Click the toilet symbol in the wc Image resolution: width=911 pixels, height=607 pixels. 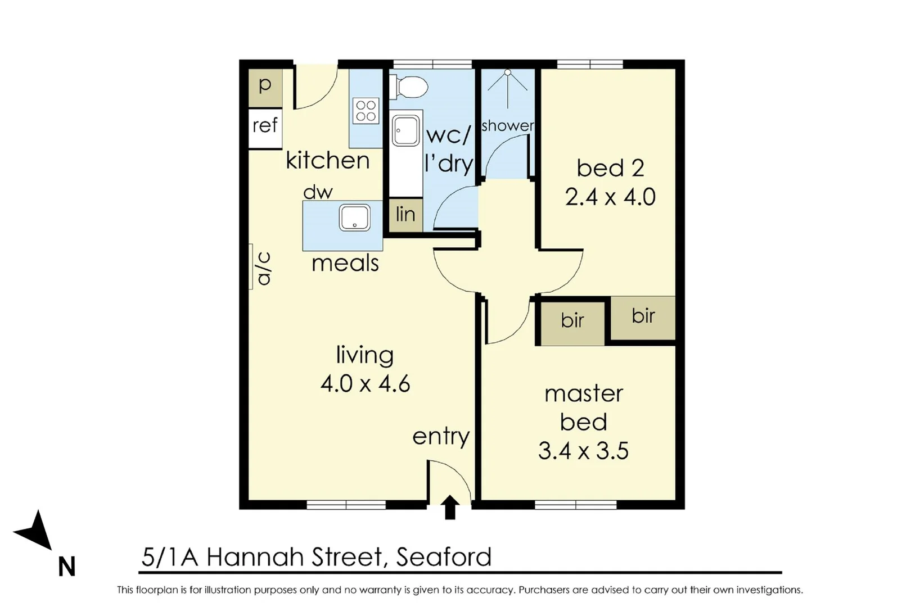pos(412,88)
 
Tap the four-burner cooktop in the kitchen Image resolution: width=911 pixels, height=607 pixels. pos(366,111)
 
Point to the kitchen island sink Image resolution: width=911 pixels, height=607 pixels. pos(354,218)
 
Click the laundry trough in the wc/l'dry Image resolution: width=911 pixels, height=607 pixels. pos(405,130)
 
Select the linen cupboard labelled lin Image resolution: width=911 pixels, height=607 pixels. pos(405,215)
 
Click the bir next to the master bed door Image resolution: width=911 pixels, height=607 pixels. pos(572,322)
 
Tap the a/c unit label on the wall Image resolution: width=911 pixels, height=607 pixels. pos(263,268)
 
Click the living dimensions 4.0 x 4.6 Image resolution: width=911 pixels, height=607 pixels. pos(365,384)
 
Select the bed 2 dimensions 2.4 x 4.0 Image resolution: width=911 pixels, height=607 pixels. pos(610,198)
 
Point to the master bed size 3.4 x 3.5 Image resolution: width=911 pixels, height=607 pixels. pos(583,451)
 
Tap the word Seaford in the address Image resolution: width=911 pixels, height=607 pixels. pos(444,558)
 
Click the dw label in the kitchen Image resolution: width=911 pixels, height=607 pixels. pos(318,193)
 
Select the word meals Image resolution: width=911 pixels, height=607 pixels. pos(345,264)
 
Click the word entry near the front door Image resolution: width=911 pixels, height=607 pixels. pos(440,437)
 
